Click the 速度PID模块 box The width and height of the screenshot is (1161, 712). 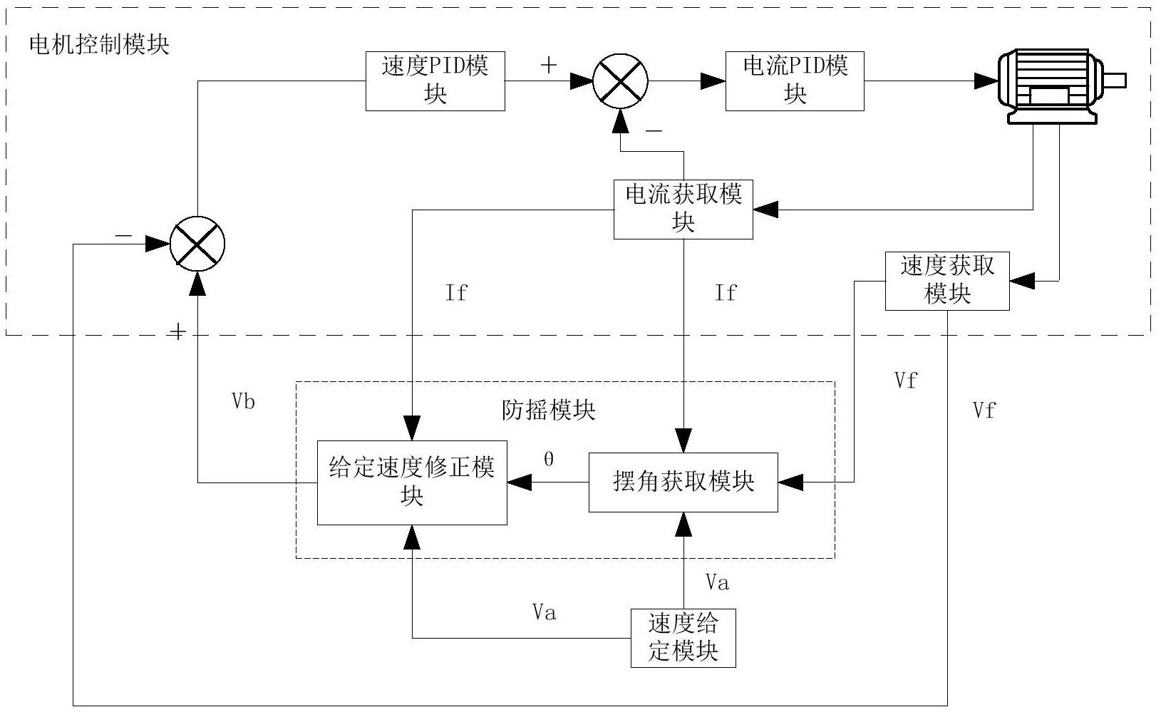435,81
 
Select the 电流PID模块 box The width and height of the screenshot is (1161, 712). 795,81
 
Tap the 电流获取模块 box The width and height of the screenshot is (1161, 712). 683,209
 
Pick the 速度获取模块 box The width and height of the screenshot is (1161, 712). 946,280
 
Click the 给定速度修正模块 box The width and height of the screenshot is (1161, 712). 412,483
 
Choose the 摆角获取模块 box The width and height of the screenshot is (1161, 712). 683,483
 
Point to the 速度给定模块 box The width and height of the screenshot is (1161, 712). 683,638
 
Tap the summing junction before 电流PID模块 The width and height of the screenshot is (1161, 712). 621,81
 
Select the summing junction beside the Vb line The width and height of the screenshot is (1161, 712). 197,244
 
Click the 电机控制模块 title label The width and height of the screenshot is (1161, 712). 99,45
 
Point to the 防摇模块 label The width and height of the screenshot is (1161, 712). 549,411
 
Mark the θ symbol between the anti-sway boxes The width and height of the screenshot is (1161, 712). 548,460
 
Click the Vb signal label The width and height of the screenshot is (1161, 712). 243,402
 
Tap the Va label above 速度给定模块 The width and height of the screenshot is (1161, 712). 717,583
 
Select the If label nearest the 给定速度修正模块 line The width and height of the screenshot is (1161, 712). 456,293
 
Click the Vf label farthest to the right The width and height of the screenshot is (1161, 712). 984,411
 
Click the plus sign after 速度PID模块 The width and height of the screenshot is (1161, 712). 548,66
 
